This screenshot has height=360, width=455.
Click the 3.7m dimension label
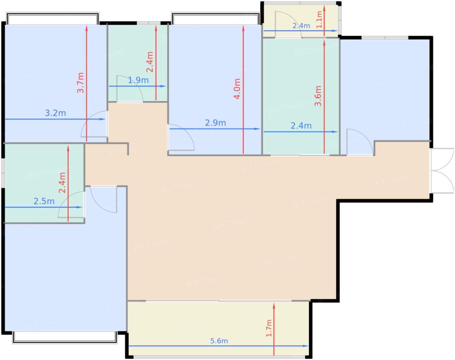(x=81, y=83)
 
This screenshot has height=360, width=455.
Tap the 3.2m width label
(x=55, y=113)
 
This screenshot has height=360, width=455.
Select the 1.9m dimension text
(x=138, y=80)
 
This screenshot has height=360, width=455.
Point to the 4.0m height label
(x=237, y=89)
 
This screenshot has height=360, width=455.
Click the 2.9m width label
(x=215, y=123)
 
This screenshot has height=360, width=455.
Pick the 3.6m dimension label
(x=318, y=96)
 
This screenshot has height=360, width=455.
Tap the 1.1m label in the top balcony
(x=319, y=20)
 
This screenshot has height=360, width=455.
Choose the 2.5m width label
(x=44, y=201)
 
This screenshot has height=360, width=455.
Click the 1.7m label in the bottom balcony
(x=269, y=328)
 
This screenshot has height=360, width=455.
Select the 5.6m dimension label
(x=219, y=341)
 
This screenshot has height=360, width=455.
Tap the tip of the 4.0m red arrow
(x=243, y=25)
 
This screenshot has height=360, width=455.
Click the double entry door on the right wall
(x=442, y=171)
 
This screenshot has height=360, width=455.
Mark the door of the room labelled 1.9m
(x=129, y=89)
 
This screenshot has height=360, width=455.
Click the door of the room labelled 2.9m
(x=181, y=137)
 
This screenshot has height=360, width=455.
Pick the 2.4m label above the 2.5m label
(x=62, y=183)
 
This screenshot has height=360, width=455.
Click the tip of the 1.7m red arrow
(x=274, y=303)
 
